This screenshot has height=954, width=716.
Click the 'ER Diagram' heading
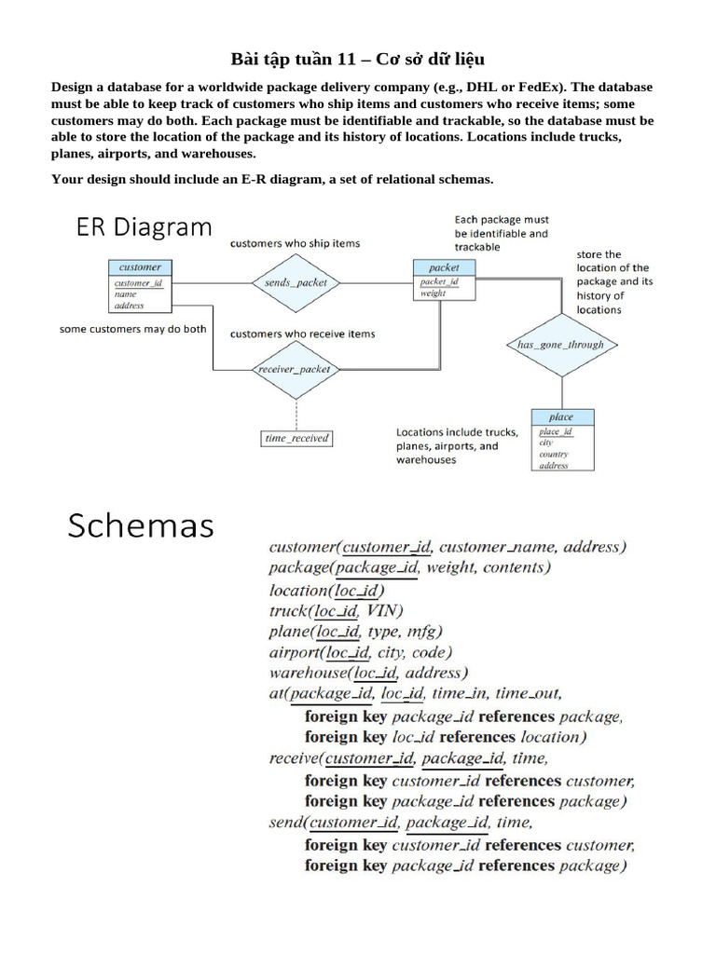[139, 228]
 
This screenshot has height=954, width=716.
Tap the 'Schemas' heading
[141, 526]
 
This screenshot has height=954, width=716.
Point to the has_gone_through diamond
[560, 345]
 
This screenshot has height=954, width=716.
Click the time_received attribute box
[296, 438]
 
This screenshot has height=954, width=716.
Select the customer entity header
[140, 267]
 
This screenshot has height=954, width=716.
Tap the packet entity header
[444, 267]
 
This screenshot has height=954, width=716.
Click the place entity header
[561, 417]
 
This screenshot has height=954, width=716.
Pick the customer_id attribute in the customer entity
[138, 283]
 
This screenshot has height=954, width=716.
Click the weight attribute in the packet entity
[433, 293]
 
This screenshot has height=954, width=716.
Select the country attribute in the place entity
[553, 454]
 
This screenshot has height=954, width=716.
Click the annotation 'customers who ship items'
[295, 243]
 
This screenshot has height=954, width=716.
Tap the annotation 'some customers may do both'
[132, 329]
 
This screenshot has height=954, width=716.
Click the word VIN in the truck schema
[383, 611]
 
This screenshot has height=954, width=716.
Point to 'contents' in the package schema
[515, 567]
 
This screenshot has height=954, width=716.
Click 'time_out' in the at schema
[528, 693]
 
